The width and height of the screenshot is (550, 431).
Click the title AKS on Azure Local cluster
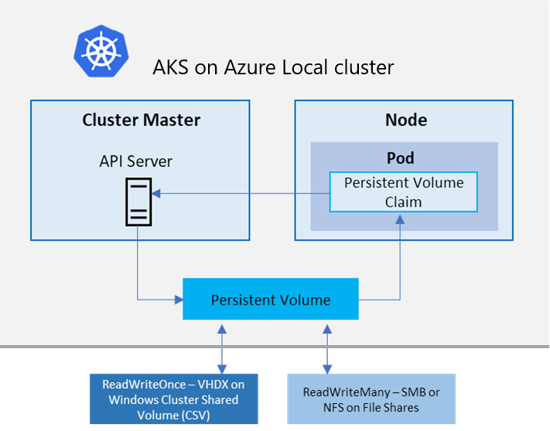274,67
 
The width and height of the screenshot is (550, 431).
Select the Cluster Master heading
141,120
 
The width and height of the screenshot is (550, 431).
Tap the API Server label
136,161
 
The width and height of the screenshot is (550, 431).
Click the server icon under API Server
138,200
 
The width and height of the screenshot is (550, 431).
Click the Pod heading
401,158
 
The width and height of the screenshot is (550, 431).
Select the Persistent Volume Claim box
403,192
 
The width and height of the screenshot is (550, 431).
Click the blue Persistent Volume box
271,299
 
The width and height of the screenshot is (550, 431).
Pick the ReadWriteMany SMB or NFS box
371,399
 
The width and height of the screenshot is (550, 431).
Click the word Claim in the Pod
404,202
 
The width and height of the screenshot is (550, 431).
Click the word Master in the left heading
172,120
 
